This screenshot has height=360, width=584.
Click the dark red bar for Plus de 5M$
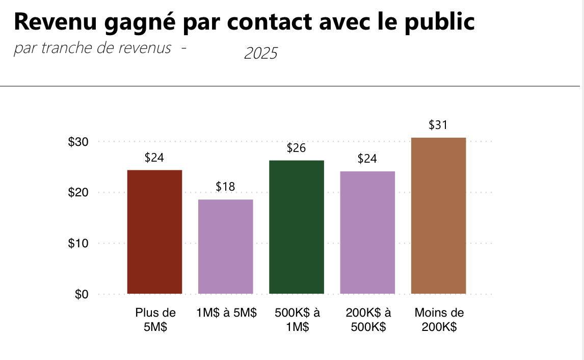(x=154, y=232)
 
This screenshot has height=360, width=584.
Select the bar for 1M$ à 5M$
(x=225, y=247)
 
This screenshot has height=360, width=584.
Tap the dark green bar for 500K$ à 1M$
(x=297, y=227)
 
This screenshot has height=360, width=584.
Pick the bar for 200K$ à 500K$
(x=367, y=233)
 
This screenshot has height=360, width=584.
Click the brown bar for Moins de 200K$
(x=438, y=216)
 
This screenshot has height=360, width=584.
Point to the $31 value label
(x=438, y=125)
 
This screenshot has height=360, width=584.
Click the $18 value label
(x=225, y=187)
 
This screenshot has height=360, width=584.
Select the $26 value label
(x=297, y=148)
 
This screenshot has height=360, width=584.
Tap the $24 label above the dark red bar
(x=154, y=158)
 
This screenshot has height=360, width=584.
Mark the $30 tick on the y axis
(x=79, y=142)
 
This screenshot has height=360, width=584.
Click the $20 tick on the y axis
(x=79, y=193)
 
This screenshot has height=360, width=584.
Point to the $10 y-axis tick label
(x=79, y=244)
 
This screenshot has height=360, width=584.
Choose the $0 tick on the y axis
(x=82, y=295)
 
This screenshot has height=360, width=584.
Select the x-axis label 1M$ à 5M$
(x=226, y=313)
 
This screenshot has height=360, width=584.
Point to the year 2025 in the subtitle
(x=261, y=53)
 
